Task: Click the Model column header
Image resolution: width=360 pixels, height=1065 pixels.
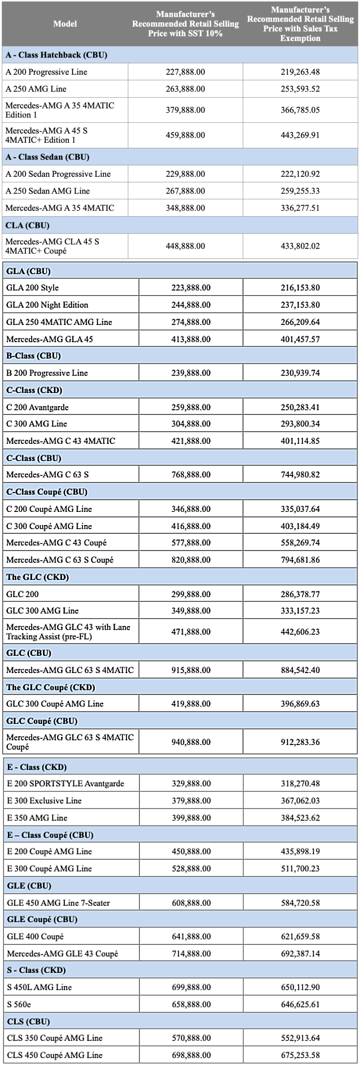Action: [x=65, y=24]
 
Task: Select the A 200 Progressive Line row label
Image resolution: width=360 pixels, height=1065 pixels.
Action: [x=46, y=72]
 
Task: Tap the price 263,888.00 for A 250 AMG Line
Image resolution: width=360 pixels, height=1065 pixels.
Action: [x=185, y=88]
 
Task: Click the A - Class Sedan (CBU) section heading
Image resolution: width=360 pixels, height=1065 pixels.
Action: [x=48, y=157]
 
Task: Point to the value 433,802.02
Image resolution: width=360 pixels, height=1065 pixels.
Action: [x=300, y=246]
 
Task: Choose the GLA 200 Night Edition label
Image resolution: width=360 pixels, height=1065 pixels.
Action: [x=47, y=305]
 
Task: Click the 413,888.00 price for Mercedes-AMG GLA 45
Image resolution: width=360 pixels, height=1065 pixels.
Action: [x=191, y=339]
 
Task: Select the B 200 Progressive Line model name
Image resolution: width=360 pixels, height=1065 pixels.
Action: [x=47, y=372]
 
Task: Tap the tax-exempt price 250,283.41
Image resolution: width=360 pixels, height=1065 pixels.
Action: [x=300, y=407]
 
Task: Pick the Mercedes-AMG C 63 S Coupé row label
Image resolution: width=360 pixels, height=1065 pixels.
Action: [x=60, y=559]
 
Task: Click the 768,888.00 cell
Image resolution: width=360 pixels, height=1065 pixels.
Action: [x=191, y=474]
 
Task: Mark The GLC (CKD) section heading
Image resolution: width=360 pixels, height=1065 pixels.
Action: [x=38, y=577]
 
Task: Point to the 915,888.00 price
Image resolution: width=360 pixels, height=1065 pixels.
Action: [x=191, y=670]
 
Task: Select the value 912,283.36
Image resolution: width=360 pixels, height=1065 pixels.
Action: [x=300, y=742]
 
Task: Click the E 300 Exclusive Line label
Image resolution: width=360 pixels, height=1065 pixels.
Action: [x=44, y=800]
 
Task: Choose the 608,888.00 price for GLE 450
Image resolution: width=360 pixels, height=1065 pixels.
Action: [x=191, y=903]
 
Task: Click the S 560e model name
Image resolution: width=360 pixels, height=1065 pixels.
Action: [x=19, y=1004]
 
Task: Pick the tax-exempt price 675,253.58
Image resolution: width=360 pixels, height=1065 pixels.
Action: [x=300, y=1055]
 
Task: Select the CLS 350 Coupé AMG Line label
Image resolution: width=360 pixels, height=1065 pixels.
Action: [x=54, y=1038]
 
